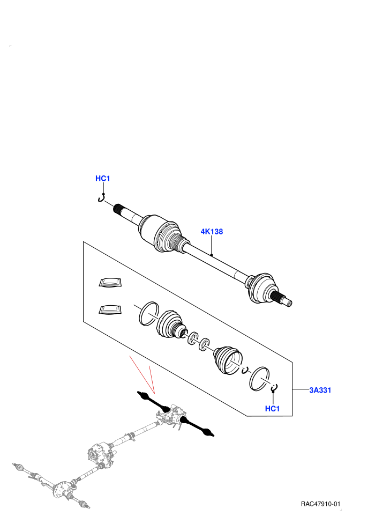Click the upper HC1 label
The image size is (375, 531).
[x=103, y=179]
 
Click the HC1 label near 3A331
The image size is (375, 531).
[x=272, y=409]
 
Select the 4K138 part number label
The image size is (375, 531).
[x=212, y=232]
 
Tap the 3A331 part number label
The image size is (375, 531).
[x=320, y=390]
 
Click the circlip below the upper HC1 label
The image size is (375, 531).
[x=102, y=199]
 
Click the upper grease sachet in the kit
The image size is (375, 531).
[x=110, y=283]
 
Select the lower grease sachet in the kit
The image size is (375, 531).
[x=110, y=310]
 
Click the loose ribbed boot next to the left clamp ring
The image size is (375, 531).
[x=171, y=324]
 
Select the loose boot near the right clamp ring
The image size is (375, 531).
[x=228, y=360]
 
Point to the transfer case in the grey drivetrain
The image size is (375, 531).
[x=100, y=453]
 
